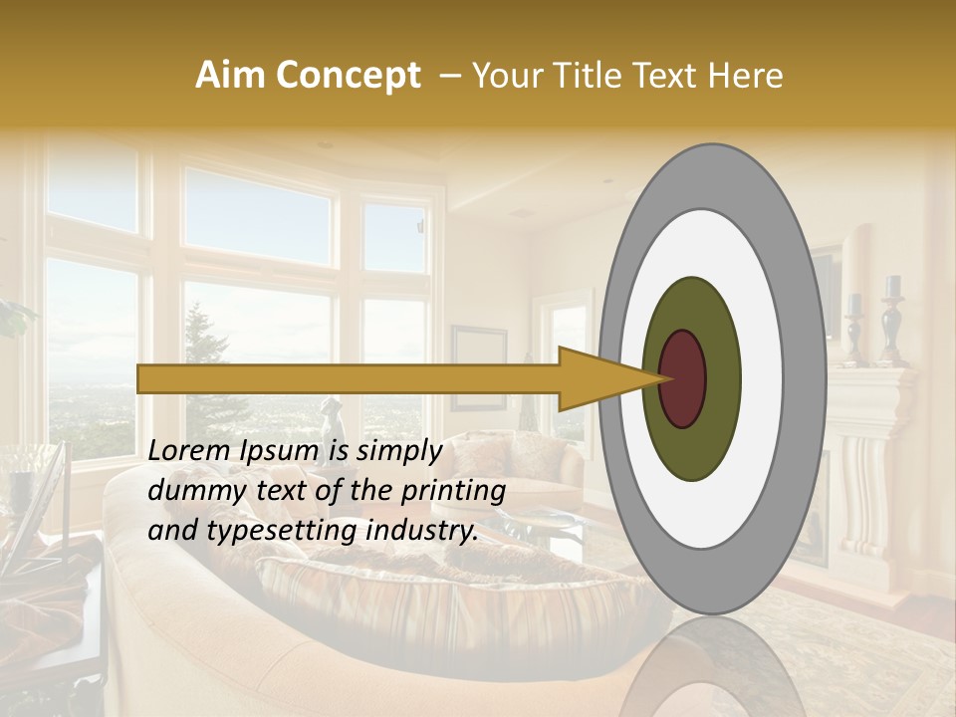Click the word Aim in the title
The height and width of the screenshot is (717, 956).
(x=231, y=76)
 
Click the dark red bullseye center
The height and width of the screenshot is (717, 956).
(x=683, y=378)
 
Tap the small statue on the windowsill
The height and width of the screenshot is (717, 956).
(x=329, y=413)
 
